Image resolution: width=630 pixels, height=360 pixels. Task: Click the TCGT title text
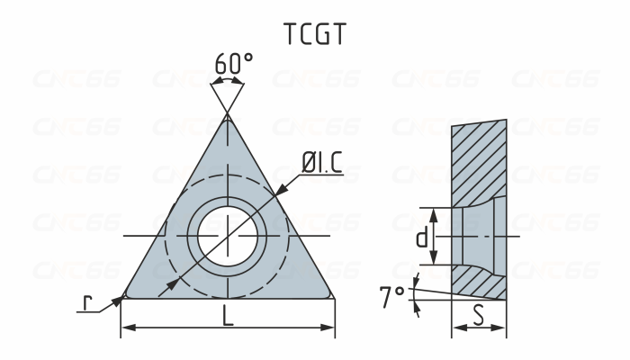point(314,33)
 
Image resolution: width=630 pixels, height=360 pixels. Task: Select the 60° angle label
point(233,64)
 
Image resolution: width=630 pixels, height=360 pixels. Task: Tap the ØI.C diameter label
point(322,163)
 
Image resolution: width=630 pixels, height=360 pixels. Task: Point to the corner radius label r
point(86,303)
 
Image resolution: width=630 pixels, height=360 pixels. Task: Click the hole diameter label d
point(420,238)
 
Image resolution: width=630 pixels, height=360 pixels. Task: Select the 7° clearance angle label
point(391,297)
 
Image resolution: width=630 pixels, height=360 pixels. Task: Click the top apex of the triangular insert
point(228,115)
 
